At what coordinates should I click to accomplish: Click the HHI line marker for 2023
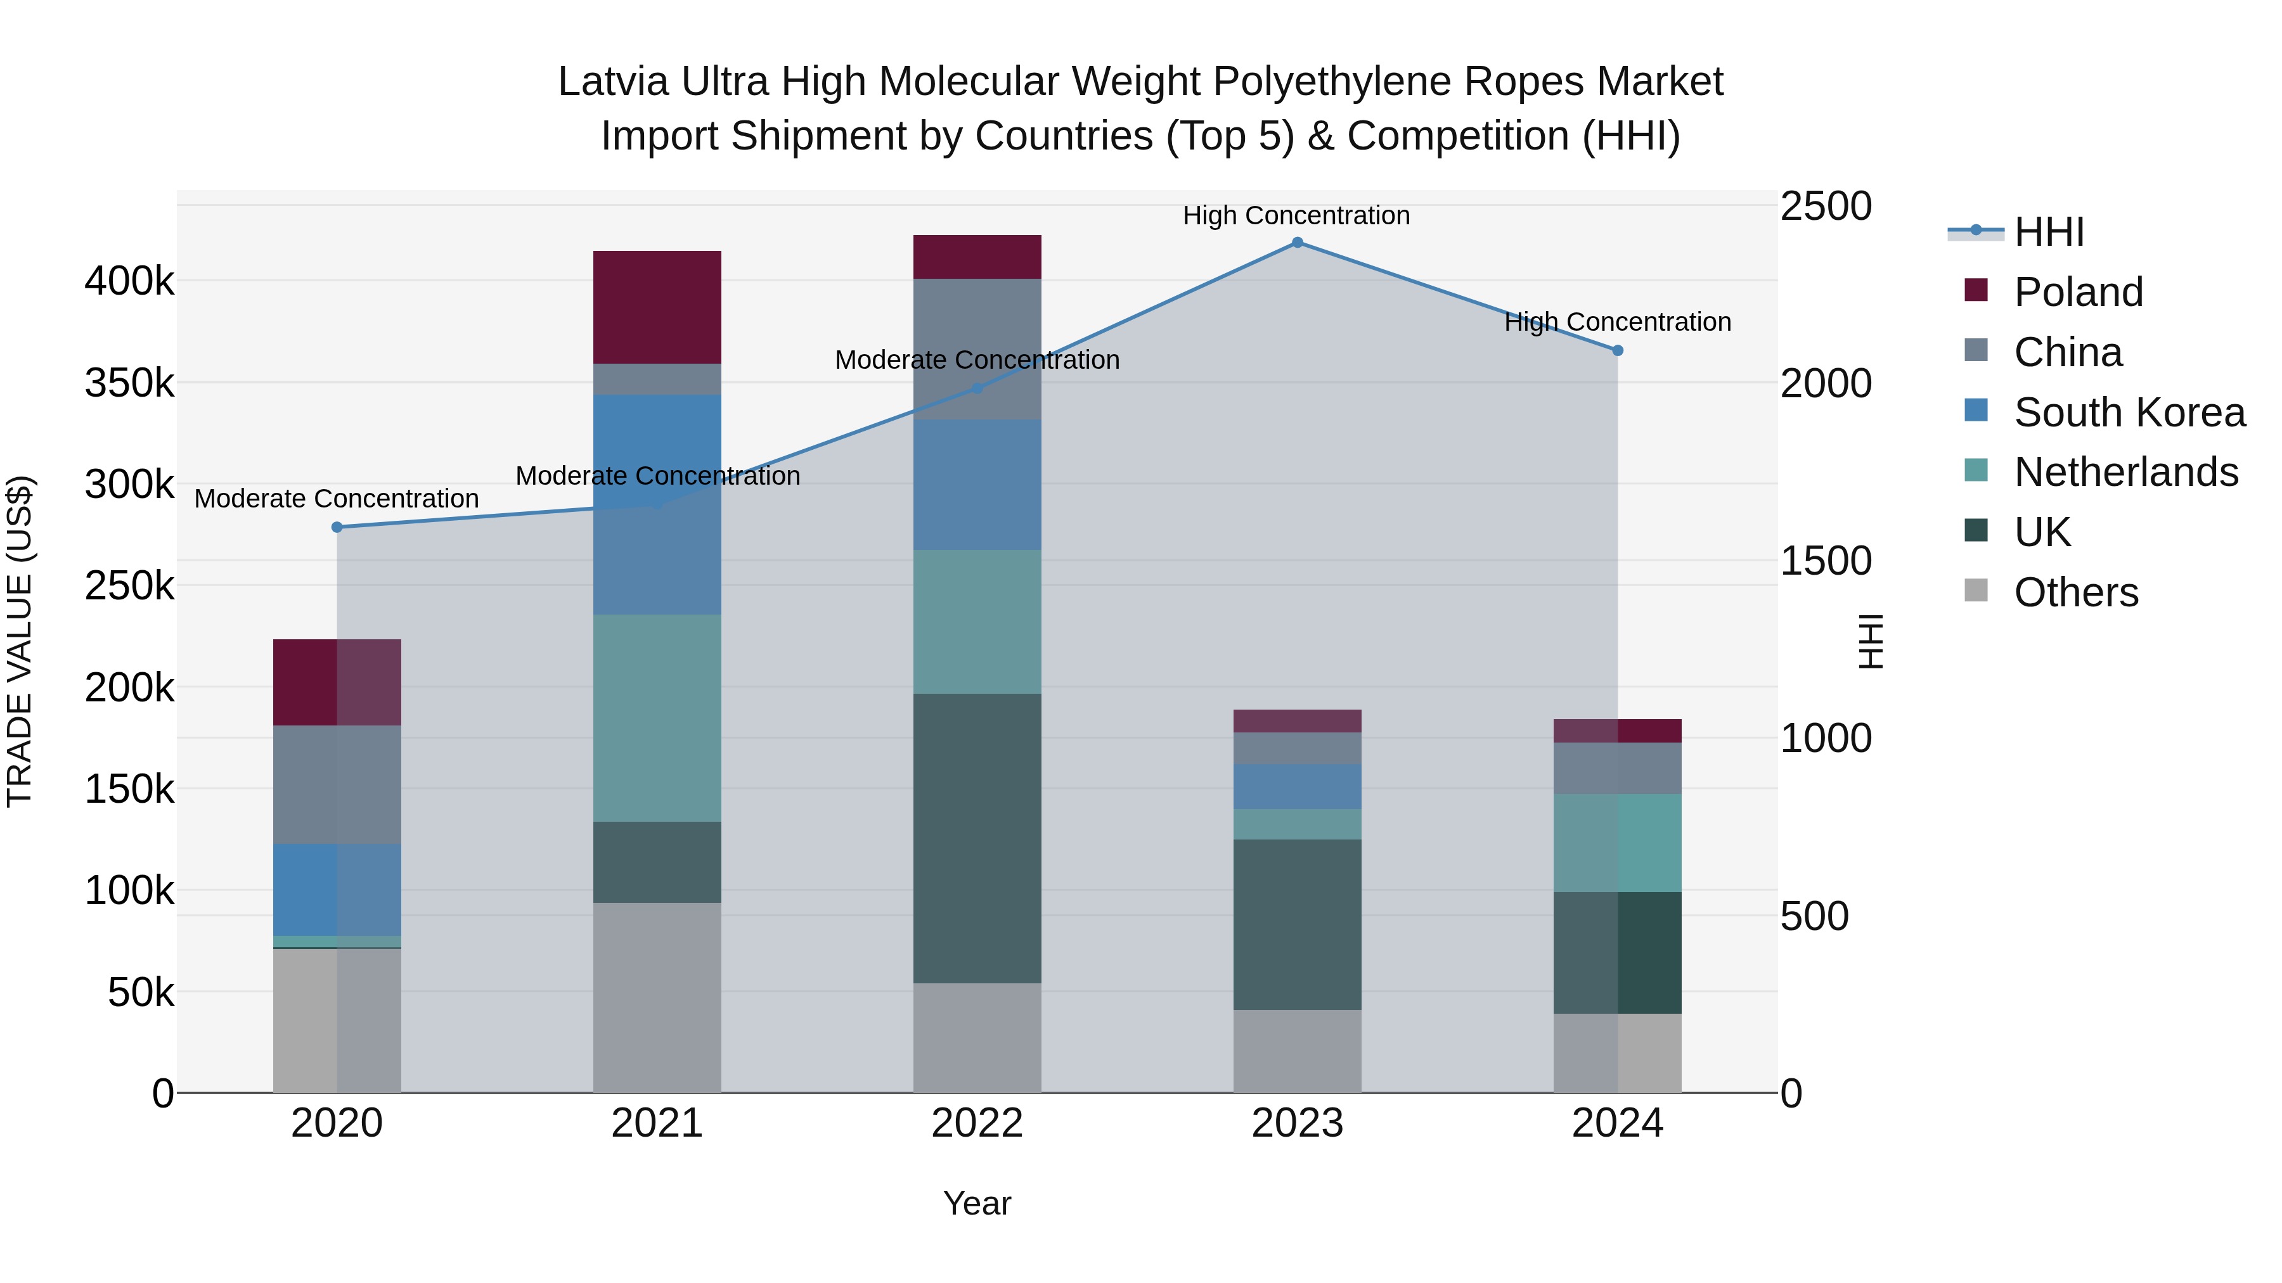tap(1297, 243)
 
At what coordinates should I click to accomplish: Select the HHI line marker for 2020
tap(337, 528)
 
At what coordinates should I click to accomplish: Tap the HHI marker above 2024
tap(1618, 350)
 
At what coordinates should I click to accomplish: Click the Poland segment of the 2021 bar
tap(657, 307)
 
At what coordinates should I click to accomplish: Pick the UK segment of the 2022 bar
tap(977, 838)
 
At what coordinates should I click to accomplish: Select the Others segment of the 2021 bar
tap(657, 997)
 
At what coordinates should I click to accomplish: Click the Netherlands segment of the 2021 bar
tap(657, 718)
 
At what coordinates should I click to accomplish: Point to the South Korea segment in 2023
tap(1297, 786)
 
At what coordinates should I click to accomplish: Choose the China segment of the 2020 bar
tap(337, 784)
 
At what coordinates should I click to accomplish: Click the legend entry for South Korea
tap(2129, 412)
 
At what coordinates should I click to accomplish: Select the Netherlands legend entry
tap(2125, 472)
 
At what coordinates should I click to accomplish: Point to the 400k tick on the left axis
tap(129, 281)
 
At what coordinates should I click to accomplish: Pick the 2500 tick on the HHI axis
tap(1826, 207)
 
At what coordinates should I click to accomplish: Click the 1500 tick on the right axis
tap(1826, 561)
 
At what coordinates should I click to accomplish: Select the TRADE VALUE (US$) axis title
tap(20, 641)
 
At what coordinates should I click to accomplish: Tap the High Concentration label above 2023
tap(1296, 216)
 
